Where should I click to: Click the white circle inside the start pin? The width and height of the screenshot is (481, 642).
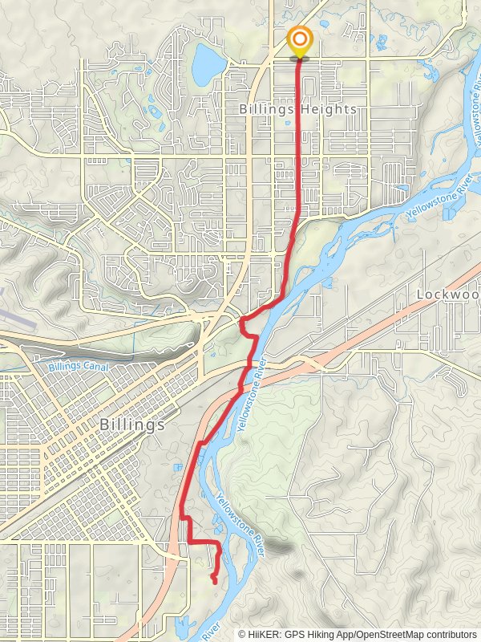click(x=300, y=39)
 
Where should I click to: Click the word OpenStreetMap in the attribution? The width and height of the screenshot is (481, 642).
click(x=388, y=634)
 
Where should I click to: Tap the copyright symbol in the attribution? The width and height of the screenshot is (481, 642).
click(x=243, y=634)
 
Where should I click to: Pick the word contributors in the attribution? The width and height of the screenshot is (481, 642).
click(x=451, y=634)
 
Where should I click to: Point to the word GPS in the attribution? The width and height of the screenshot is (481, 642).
click(x=296, y=634)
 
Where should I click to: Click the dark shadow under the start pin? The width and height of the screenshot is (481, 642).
click(x=300, y=58)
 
